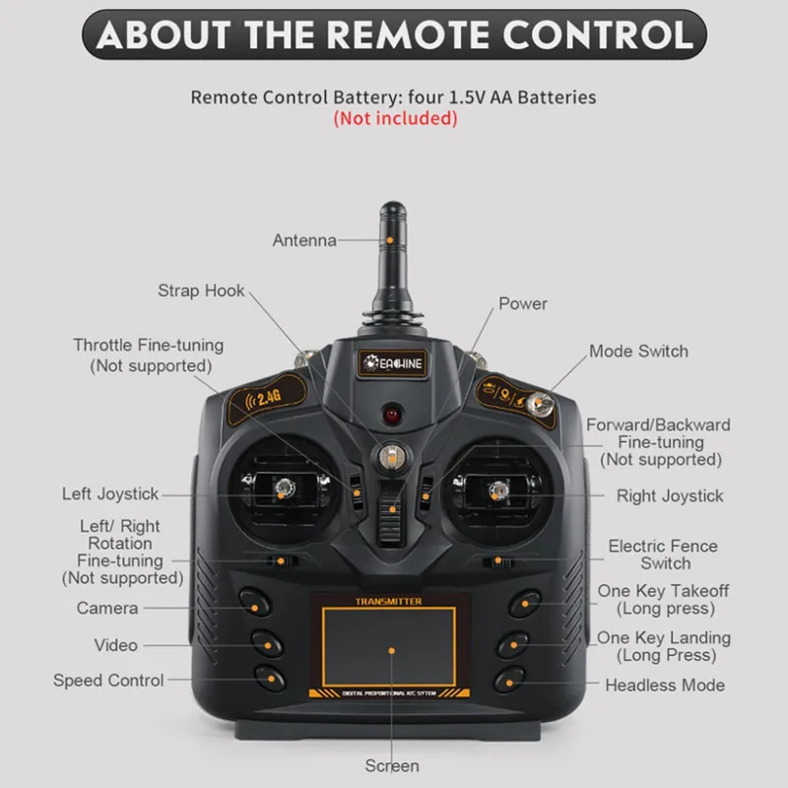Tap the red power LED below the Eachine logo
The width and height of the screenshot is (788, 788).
click(x=392, y=411)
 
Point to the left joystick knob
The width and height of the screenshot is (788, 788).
click(x=282, y=488)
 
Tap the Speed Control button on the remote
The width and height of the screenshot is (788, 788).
click(x=268, y=677)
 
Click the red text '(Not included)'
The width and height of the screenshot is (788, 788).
click(x=395, y=119)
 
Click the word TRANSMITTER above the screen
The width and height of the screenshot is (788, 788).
click(x=390, y=601)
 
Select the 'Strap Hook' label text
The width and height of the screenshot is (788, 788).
click(x=201, y=291)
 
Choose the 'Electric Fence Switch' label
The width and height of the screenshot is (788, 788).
click(x=663, y=555)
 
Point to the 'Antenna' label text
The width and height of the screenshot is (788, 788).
click(x=304, y=240)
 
